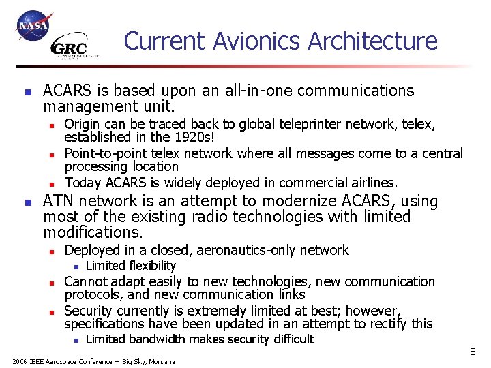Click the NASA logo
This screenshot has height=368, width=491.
33,26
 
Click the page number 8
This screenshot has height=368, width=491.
472,352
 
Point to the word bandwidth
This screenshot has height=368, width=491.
158,339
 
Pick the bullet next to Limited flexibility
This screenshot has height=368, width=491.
77,266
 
